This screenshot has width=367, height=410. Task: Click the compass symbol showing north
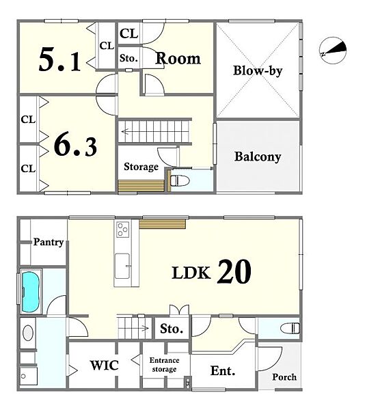point(333,50)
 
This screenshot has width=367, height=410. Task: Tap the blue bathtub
point(31,292)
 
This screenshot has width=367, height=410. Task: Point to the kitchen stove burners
point(123,230)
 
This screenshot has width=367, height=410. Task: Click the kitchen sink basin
point(122,266)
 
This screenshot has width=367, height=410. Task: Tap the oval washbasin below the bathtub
point(28,333)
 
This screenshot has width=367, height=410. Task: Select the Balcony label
point(258,156)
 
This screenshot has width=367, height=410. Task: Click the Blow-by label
point(258,70)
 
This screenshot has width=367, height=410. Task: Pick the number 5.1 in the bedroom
point(59,60)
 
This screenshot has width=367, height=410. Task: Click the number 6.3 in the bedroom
point(75,146)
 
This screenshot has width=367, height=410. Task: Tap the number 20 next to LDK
point(234,272)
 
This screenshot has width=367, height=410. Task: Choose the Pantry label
point(49,242)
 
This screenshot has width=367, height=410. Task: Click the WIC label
point(105,365)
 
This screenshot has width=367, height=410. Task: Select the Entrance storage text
point(164,365)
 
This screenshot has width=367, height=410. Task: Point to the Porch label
point(284,377)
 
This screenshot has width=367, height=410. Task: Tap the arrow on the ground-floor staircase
point(142,327)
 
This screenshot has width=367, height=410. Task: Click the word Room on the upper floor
point(178,58)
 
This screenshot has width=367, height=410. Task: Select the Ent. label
point(223,371)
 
